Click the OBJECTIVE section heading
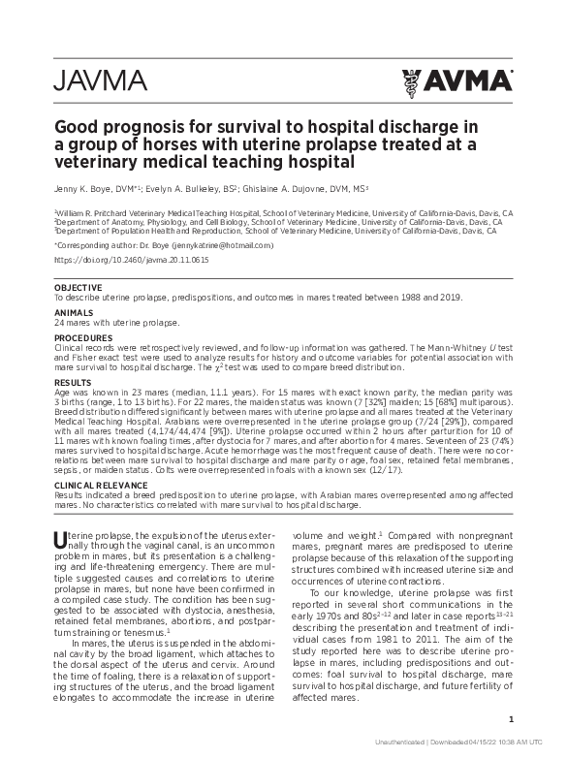tap(77, 288)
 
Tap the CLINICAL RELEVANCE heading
tap(101, 485)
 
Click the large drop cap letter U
tap(60, 538)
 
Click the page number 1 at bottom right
tap(510, 719)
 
